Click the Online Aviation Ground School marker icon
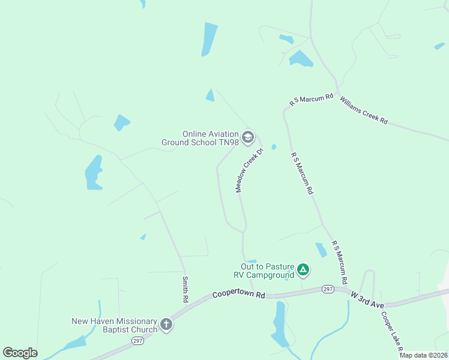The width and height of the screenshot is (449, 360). tap(248, 139)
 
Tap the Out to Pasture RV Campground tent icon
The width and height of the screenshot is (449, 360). tap(304, 270)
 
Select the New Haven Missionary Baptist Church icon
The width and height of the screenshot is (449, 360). tap(166, 325)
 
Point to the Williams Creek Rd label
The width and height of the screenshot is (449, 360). tap(364, 110)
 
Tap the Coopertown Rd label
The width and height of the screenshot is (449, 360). tap(238, 295)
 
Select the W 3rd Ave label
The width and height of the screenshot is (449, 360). tap(367, 296)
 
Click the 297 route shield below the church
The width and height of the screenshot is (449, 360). tap(137, 340)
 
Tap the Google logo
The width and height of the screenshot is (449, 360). tap(20, 353)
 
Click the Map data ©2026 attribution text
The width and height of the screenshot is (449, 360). tap(423, 355)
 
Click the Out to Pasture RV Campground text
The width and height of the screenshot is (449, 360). tap(267, 271)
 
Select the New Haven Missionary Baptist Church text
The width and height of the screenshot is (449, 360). tap(114, 325)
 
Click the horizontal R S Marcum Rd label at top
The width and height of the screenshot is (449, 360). tap(311, 100)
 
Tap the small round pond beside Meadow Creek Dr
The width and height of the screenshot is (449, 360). tap(274, 146)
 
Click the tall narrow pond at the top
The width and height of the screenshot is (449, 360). tap(209, 39)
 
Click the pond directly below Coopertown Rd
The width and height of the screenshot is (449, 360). tap(280, 323)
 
